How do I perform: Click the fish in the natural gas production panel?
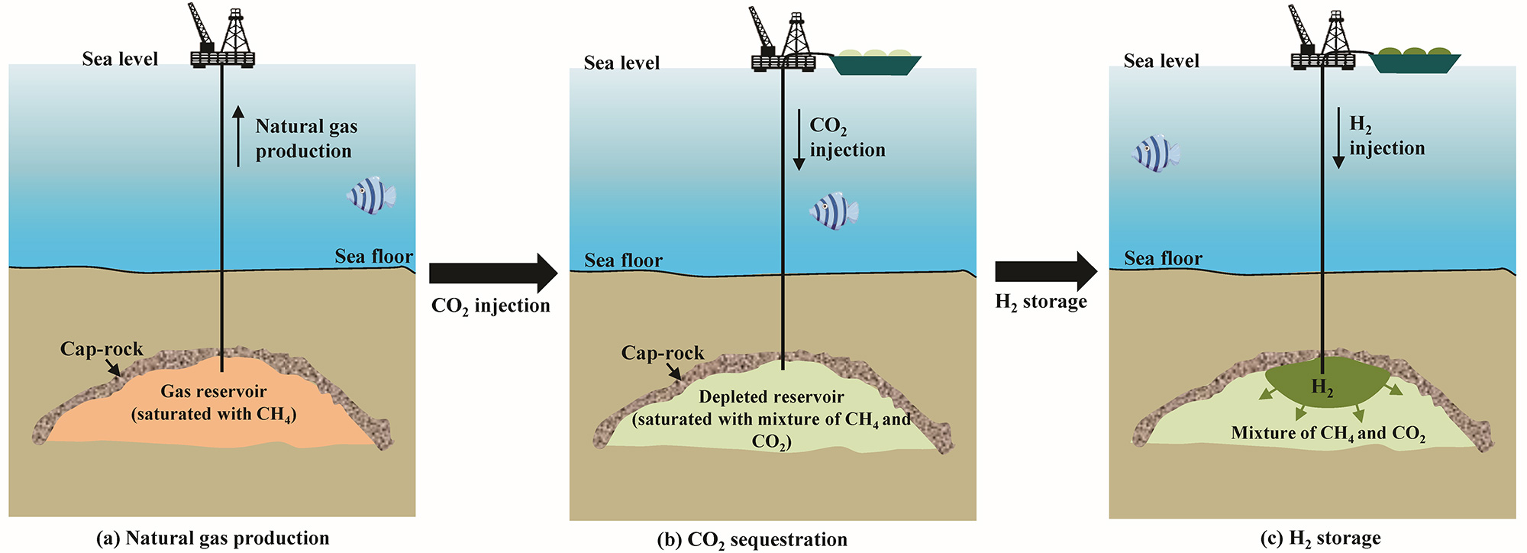[x=371, y=196]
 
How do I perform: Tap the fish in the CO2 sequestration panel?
[x=834, y=211]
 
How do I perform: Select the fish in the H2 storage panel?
[x=1155, y=154]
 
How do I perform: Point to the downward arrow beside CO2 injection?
[x=799, y=139]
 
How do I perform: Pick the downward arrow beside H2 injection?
[x=1338, y=137]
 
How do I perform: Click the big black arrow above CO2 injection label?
[x=492, y=273]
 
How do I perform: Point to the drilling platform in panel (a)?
[x=222, y=38]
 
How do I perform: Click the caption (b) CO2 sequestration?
[x=752, y=540]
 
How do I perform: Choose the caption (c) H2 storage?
[x=1320, y=538]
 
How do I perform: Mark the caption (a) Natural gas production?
[x=213, y=538]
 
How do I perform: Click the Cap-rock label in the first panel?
[x=102, y=349]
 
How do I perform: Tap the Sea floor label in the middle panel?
[x=623, y=260]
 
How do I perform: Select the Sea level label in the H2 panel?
[x=1161, y=61]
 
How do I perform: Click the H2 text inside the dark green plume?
[x=1322, y=387]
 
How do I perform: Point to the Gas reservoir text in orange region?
[x=214, y=392]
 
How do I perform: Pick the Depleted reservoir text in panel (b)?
[x=771, y=397]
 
